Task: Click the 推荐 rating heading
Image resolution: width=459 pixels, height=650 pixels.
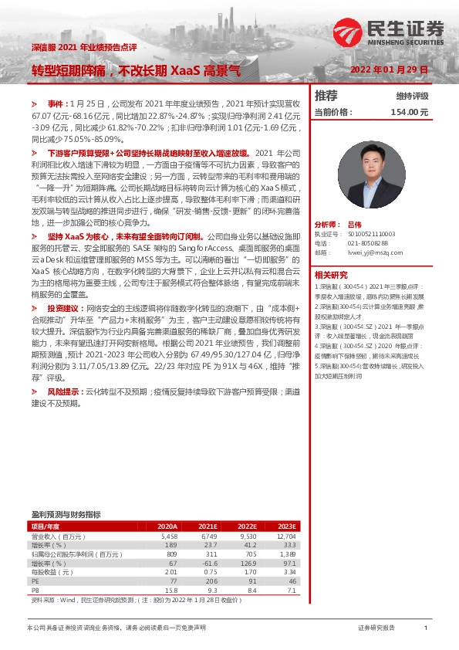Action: pyautogui.click(x=326, y=96)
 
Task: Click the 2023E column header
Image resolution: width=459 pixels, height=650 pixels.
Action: pyautogui.click(x=286, y=526)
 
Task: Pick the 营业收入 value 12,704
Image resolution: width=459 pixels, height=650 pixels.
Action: pyautogui.click(x=285, y=535)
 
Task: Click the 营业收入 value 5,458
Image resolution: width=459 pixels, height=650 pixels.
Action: pyautogui.click(x=169, y=535)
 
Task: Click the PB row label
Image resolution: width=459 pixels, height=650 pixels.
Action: pyautogui.click(x=35, y=590)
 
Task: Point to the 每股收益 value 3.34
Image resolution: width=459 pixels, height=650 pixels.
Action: pyautogui.click(x=289, y=572)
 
